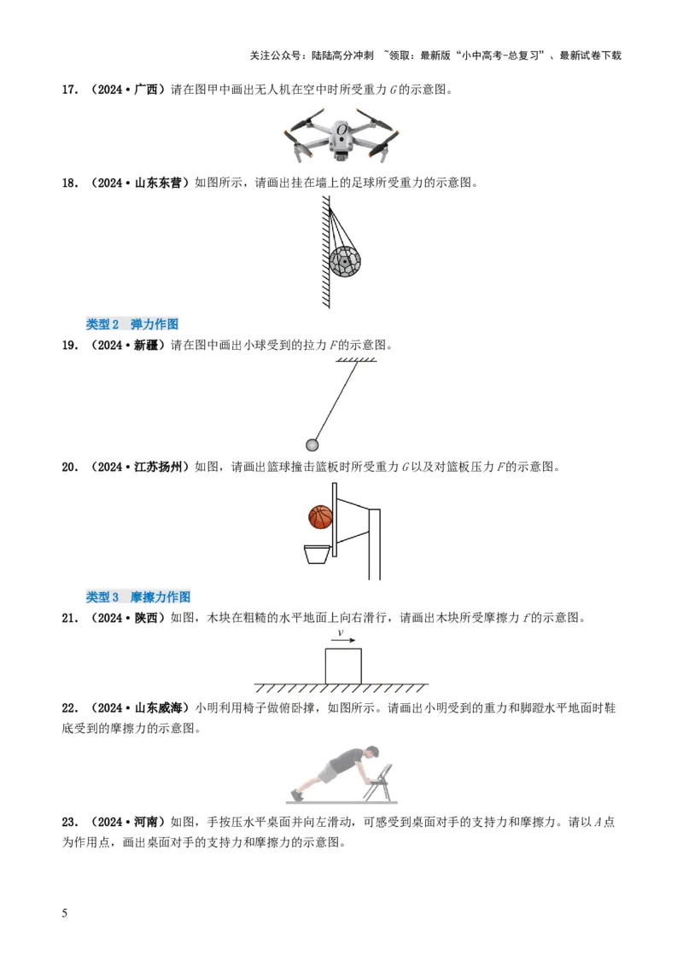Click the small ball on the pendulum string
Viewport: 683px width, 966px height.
coord(312,444)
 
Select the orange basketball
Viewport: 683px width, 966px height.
coord(319,517)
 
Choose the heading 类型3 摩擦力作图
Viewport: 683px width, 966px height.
coord(138,596)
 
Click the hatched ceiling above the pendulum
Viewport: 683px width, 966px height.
coord(357,362)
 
